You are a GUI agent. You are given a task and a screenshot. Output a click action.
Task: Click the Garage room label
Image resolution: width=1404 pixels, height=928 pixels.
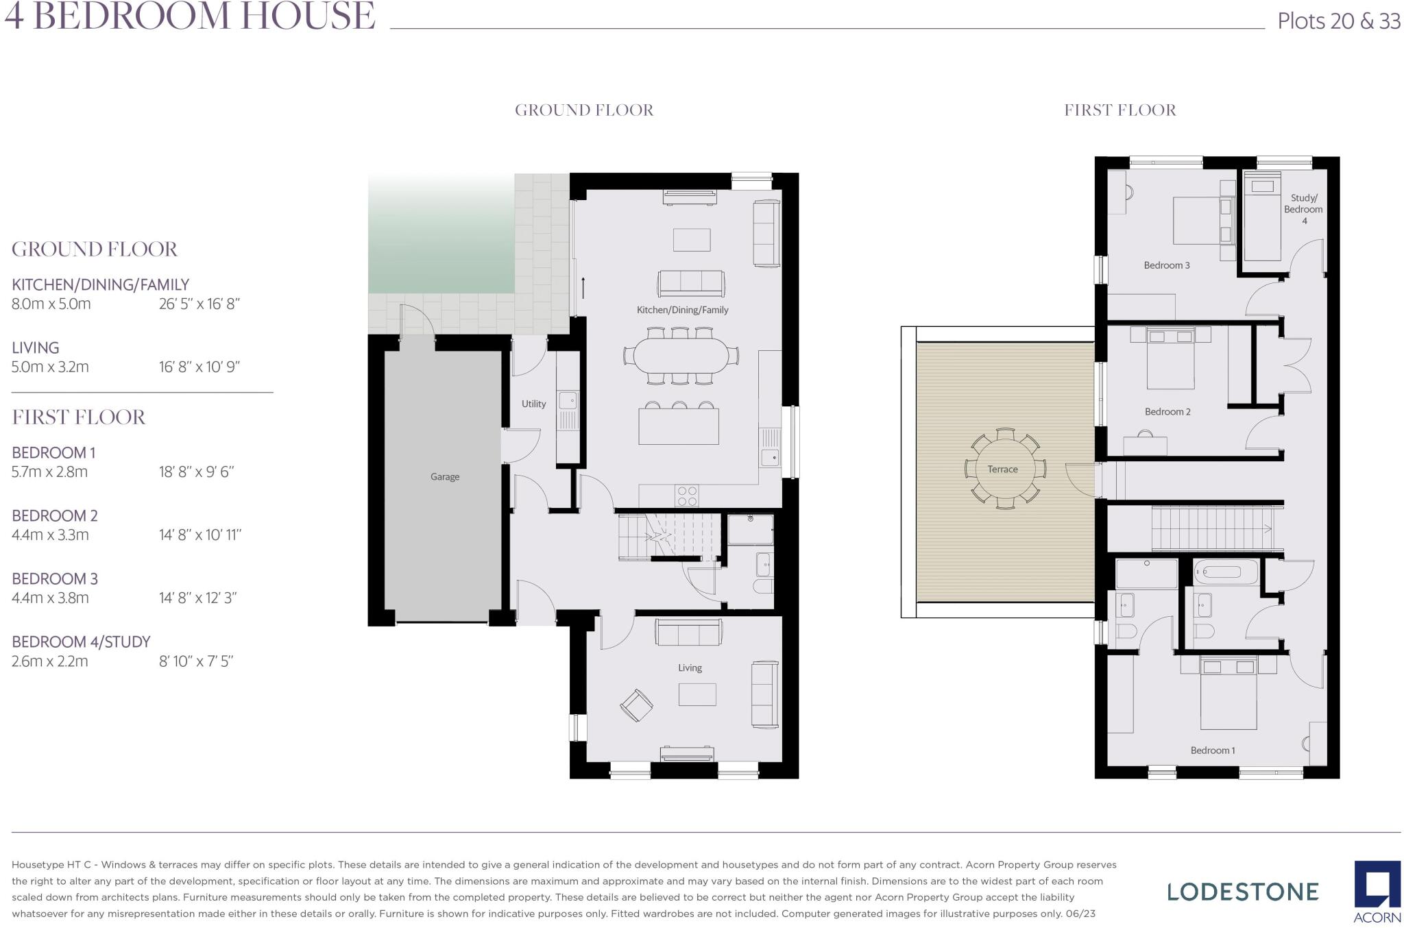(444, 476)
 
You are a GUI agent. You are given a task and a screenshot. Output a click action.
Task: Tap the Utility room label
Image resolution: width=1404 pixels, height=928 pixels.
(533, 404)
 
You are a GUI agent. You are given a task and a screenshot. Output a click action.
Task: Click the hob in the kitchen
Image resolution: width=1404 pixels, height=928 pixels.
(687, 496)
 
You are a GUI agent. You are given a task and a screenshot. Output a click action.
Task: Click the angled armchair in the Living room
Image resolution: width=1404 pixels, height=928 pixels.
(636, 705)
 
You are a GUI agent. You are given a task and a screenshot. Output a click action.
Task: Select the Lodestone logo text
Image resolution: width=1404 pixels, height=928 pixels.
(1242, 892)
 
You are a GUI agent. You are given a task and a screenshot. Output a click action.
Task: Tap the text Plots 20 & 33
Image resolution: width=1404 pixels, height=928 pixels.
(1338, 21)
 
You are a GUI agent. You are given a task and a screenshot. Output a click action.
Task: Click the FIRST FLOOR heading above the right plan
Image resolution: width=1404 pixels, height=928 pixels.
(1119, 110)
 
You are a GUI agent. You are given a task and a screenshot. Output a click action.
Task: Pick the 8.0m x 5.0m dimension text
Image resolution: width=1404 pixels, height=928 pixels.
(51, 304)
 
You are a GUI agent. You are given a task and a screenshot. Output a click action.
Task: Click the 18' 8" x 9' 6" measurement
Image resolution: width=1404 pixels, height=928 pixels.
(197, 472)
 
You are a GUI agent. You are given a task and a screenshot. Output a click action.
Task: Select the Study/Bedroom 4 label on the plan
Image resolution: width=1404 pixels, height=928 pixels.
(1303, 209)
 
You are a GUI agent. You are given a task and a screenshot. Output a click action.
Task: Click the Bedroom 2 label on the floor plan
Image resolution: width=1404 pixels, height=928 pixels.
(1167, 412)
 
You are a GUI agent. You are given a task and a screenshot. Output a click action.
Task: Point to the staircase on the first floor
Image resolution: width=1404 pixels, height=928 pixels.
(1210, 528)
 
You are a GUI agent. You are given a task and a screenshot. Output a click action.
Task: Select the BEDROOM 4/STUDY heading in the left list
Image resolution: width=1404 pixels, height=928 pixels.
(81, 642)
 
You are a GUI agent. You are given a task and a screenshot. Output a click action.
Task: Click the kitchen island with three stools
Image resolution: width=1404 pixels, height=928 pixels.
(679, 426)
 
